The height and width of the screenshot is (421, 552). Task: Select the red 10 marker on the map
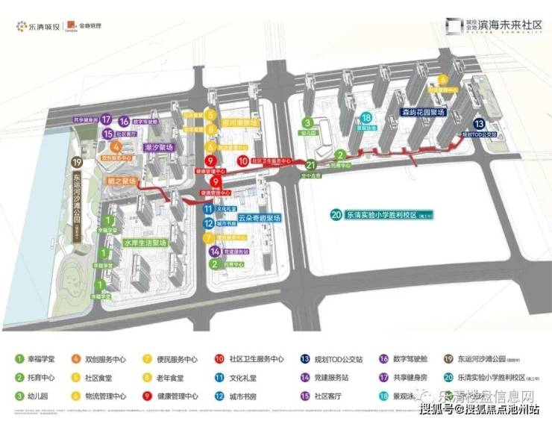[242, 160]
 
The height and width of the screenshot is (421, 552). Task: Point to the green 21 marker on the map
[311, 165]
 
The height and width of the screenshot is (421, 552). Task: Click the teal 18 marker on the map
[366, 118]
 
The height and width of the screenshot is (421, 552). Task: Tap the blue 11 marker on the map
[210, 210]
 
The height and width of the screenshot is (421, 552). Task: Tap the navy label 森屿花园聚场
[422, 112]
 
